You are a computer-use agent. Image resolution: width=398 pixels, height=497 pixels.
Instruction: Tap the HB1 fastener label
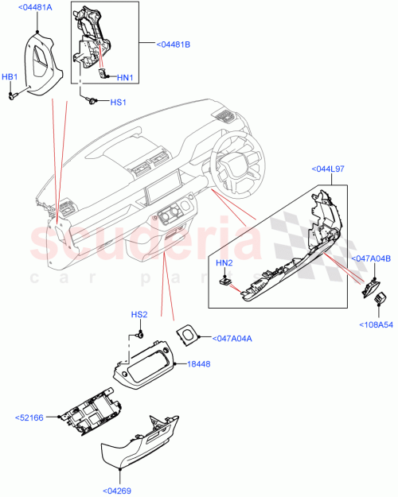(10, 77)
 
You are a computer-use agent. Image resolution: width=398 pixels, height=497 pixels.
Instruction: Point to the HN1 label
(125, 77)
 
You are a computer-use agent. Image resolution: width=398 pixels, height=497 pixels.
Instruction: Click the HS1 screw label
(117, 102)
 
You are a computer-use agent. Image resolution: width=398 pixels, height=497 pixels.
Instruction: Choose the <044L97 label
(330, 169)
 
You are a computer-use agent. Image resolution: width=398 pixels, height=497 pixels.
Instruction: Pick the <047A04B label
(371, 258)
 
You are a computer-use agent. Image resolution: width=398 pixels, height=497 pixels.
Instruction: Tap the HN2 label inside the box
(224, 263)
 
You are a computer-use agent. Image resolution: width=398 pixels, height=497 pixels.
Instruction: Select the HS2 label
(139, 315)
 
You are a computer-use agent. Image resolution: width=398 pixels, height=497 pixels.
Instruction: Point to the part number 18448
(198, 364)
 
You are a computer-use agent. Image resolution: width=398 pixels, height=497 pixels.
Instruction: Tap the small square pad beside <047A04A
(188, 336)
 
